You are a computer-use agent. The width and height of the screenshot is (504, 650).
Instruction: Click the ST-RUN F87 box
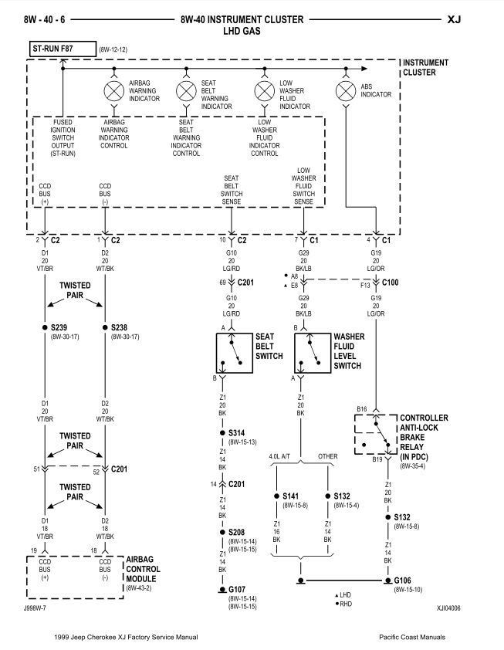pyautogui.click(x=60, y=49)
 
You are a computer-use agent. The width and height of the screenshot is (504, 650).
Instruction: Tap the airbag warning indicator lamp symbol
pyautogui.click(x=114, y=92)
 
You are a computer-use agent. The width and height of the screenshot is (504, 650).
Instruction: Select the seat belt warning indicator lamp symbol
pyautogui.click(x=186, y=92)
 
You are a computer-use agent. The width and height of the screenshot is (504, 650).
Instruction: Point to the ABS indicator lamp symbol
pyautogui.click(x=345, y=92)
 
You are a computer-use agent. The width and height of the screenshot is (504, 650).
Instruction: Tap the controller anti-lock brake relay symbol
pyautogui.click(x=376, y=435)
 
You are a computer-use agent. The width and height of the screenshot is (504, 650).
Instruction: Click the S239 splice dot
pyautogui.click(x=45, y=327)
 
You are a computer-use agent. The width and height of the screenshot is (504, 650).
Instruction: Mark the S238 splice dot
pyautogui.click(x=105, y=327)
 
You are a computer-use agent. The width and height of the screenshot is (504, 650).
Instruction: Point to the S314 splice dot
pyautogui.click(x=222, y=433)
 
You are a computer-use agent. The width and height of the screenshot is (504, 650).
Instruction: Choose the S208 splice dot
pyautogui.click(x=222, y=532)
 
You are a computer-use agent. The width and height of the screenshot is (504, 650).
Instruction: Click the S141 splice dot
pyautogui.click(x=276, y=496)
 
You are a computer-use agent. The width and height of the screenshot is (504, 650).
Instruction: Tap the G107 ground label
pyautogui.click(x=236, y=590)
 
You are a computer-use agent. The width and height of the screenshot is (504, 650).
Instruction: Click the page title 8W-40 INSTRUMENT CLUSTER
pyautogui.click(x=242, y=19)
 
